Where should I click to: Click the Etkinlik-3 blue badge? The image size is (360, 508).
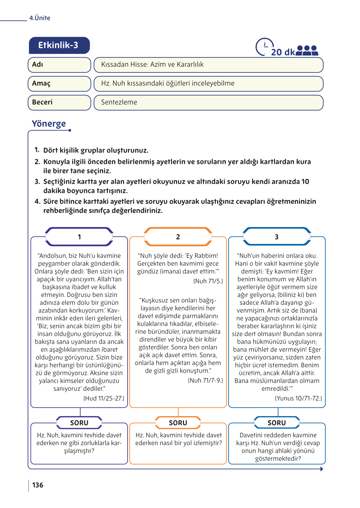59,45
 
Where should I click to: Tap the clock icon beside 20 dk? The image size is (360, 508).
264,47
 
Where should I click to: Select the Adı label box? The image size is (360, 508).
59,64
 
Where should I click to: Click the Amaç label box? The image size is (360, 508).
59,83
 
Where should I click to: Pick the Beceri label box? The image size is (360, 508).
59,102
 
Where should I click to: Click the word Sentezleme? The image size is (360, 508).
119,102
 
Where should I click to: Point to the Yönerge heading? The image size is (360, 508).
49,124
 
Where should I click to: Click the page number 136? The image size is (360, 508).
38,485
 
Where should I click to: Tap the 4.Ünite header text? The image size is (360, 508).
40,18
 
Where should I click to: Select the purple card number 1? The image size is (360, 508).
79,237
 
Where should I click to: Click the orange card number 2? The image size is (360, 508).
178,237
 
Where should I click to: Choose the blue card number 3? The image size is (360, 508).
277,237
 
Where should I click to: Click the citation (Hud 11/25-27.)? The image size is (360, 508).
104,398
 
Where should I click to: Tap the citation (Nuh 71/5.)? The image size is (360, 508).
208,281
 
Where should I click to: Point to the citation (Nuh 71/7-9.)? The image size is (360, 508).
205,380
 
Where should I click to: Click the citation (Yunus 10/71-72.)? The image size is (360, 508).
298,398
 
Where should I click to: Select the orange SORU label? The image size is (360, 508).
178,423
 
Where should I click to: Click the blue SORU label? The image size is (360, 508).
277,423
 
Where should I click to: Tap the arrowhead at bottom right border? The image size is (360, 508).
322,469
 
